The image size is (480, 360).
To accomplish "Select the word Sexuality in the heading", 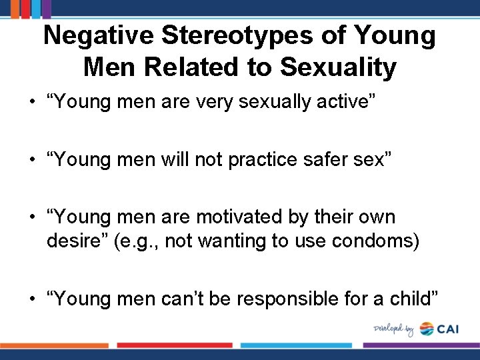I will coord(338,67).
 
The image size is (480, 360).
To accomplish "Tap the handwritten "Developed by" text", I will coord(394,329).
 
